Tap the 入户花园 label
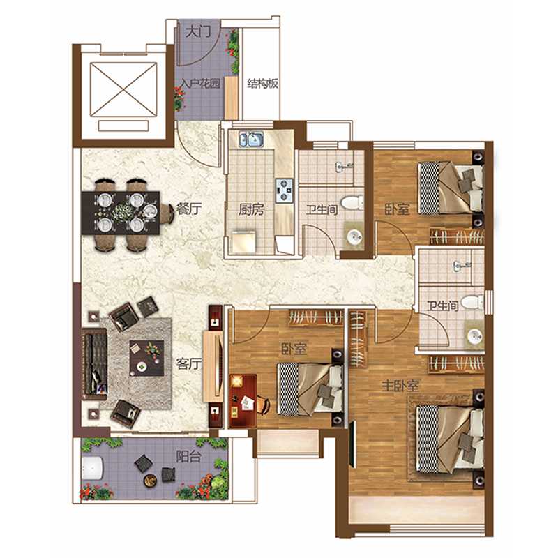point(200,84)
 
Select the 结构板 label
point(263,84)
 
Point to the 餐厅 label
point(189,209)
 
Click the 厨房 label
point(251,210)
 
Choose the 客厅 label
point(188,363)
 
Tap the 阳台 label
point(188,457)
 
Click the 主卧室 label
point(400,386)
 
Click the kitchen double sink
point(251,139)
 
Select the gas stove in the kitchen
point(285,190)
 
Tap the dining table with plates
point(121,213)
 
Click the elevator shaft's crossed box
point(123,89)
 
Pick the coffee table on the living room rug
point(146,358)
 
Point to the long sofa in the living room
point(95,363)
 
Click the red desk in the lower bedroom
point(243,400)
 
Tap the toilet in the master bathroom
point(472,303)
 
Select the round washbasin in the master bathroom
point(474,335)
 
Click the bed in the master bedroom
point(450,440)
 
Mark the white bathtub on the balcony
point(92,467)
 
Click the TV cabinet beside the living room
point(213,367)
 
